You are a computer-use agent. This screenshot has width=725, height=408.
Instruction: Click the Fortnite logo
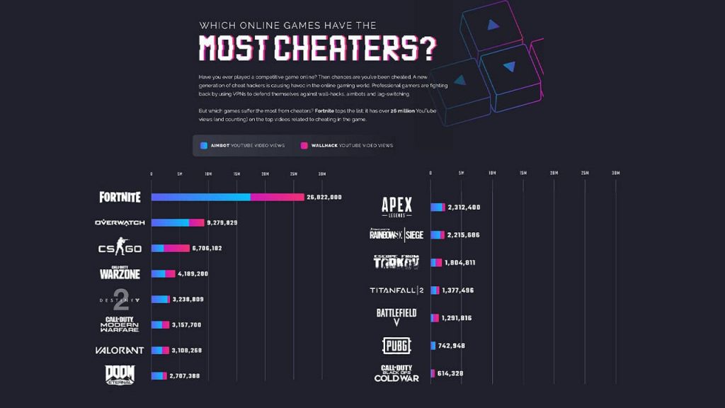click(x=120, y=197)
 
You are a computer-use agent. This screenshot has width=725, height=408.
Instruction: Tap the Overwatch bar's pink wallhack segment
click(x=196, y=222)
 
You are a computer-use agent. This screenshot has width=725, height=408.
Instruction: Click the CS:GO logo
click(x=120, y=248)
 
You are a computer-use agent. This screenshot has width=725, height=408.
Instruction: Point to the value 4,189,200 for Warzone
click(x=193, y=273)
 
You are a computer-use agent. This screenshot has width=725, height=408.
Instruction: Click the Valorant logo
click(x=120, y=350)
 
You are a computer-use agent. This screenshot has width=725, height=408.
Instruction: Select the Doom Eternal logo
click(x=120, y=375)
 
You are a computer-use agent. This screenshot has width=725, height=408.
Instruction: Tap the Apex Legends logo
click(x=396, y=207)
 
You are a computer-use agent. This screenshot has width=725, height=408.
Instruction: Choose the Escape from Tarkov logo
click(x=396, y=262)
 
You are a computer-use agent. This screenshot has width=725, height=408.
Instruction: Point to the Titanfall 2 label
click(x=396, y=290)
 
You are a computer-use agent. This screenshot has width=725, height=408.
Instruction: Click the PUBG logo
click(x=396, y=346)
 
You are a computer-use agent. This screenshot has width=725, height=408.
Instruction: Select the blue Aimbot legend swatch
click(x=204, y=145)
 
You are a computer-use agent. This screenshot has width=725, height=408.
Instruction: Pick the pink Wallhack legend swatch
click(x=304, y=145)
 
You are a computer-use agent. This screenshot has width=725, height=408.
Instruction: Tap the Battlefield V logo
click(x=396, y=317)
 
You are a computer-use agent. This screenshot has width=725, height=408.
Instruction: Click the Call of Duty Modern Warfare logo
click(x=120, y=325)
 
